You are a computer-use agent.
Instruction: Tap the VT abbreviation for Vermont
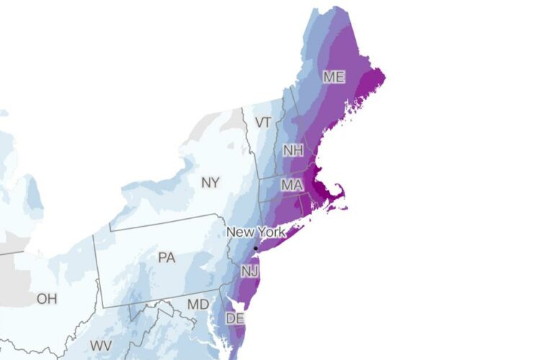point(263,122)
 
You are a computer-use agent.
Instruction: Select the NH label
point(292,151)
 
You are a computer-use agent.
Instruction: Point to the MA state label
point(291,185)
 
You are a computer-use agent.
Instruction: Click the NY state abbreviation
point(210,183)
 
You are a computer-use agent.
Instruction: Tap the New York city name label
point(256,233)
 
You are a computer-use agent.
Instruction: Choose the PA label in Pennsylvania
point(166,257)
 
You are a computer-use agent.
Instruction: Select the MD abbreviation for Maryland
point(198,305)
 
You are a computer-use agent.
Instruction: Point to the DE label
point(235,318)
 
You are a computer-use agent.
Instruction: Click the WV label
point(101,346)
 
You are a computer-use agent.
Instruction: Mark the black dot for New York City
point(256,248)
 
